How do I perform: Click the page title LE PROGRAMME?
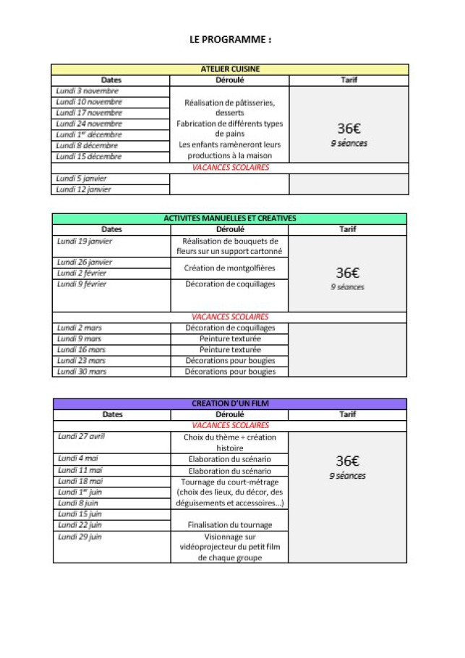230,40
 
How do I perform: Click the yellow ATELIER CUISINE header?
230,69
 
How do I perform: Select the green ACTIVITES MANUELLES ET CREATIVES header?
230,218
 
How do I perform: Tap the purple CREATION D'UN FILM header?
230,403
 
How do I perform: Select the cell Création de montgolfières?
230,268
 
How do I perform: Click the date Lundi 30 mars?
82,372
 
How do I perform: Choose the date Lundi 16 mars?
82,349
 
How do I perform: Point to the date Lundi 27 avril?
82,437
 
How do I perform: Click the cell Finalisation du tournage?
230,525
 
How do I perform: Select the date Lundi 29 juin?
80,537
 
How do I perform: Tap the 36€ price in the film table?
348,461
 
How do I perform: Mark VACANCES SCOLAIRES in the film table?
230,425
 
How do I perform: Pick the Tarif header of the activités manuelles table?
348,229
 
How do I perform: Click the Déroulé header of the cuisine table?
230,80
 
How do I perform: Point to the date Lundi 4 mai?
79,458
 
